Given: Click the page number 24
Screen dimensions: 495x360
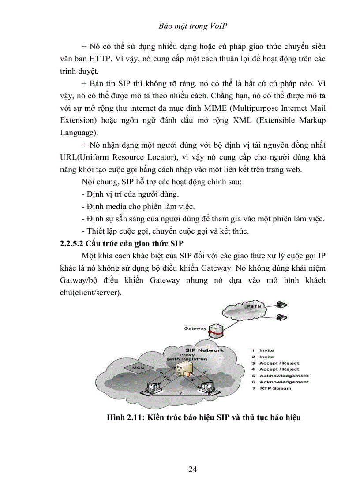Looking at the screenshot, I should (192, 469).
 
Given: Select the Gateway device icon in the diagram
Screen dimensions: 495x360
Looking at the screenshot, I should (215, 330).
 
